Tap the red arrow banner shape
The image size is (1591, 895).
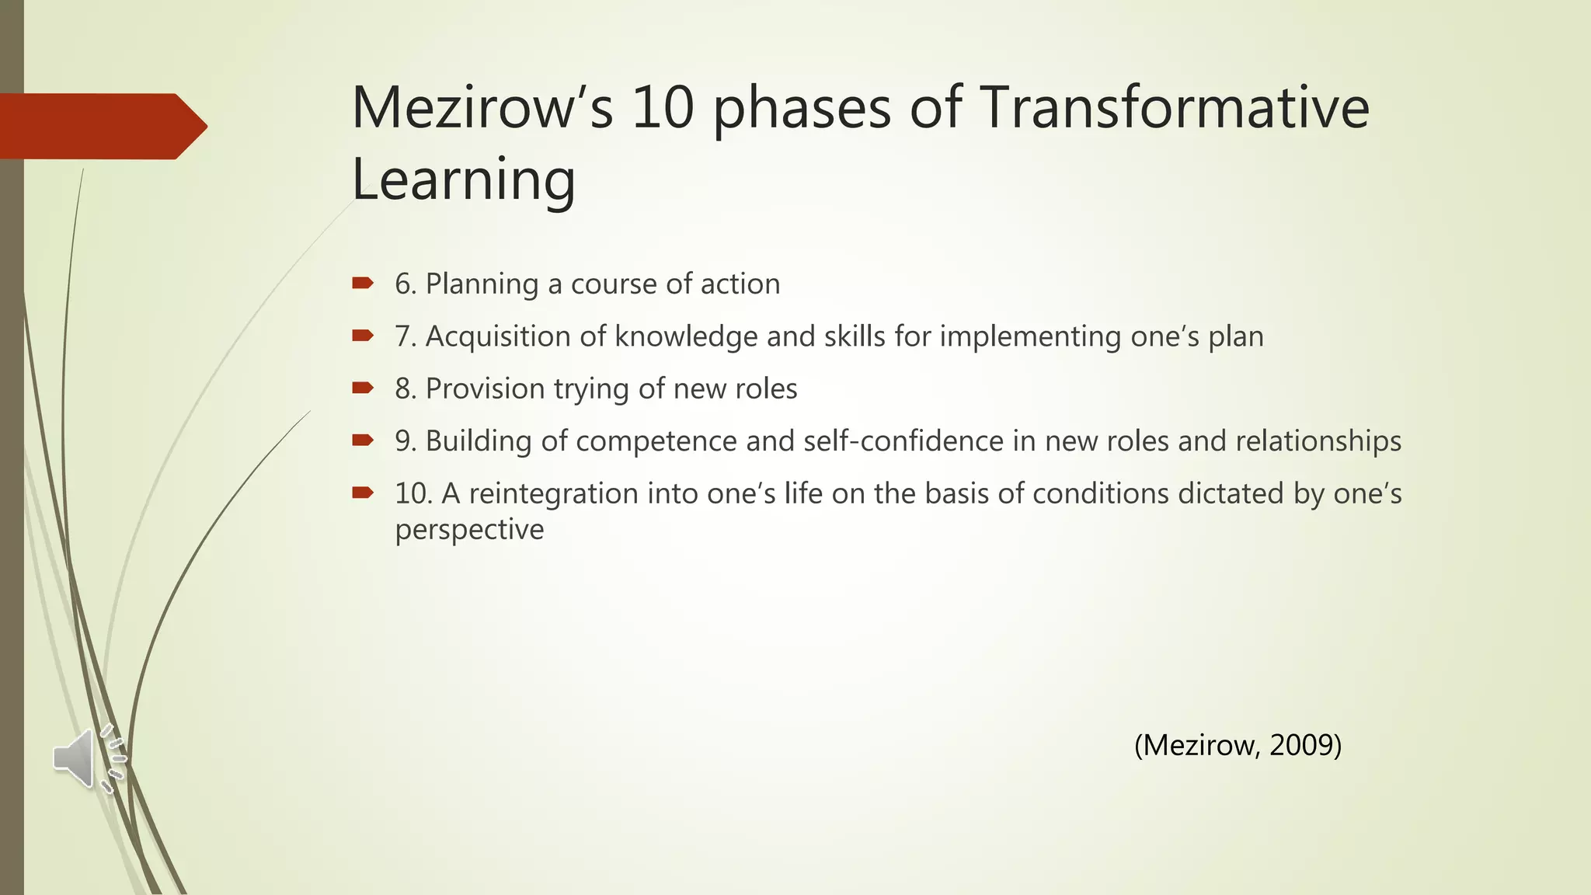[101, 127]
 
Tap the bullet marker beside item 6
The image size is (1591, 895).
[363, 283]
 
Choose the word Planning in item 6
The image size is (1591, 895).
[482, 284]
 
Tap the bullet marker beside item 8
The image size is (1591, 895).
[363, 388]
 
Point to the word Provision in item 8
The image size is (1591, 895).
[485, 388]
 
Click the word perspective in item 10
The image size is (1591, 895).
[469, 530]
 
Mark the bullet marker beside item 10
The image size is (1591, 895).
[363, 492]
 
